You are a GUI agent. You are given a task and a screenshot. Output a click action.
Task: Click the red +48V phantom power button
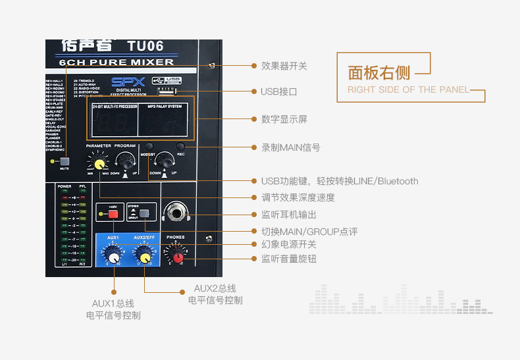113,214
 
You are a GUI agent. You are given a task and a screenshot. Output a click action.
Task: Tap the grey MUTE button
65,161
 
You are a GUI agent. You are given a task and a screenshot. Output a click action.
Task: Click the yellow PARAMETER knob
99,163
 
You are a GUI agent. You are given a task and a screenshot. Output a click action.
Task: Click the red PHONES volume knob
178,257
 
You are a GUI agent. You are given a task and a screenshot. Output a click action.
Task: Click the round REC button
180,147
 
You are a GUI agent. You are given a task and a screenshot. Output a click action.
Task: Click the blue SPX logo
123,82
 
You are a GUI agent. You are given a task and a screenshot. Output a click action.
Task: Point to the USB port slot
169,90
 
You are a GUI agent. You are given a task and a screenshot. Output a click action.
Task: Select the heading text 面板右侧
378,72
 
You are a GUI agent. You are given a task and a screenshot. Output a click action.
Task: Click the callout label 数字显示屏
284,119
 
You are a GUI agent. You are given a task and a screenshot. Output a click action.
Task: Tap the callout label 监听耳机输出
288,215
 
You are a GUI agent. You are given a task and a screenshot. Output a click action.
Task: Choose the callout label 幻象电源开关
288,244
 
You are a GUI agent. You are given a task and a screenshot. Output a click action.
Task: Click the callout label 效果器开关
284,66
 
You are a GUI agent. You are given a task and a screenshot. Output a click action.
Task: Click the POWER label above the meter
64,186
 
